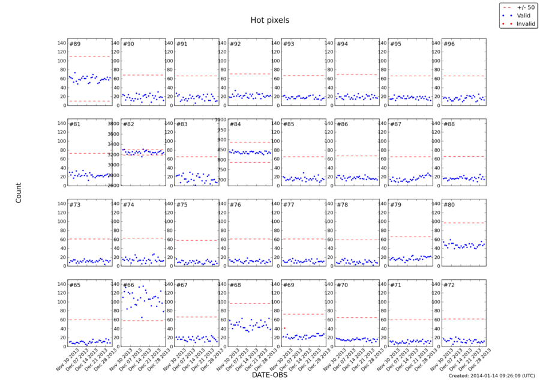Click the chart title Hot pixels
(269, 20)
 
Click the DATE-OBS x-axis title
(269, 375)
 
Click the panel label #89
(75, 44)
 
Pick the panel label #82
(128, 124)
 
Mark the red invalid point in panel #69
(284, 328)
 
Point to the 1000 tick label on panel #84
(218, 120)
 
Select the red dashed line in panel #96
(463, 76)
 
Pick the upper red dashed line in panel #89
(89, 56)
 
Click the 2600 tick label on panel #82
(113, 185)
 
